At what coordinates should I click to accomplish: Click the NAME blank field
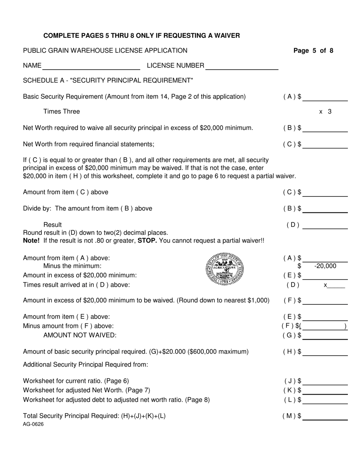(x=91, y=66)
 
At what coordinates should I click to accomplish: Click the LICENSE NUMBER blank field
(x=241, y=66)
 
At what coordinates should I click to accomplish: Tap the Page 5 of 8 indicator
(x=313, y=51)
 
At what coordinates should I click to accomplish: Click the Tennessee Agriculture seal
(x=225, y=269)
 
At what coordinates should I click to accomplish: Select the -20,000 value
(x=325, y=266)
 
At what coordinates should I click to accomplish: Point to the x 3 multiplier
(x=325, y=112)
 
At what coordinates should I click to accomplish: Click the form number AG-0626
(x=33, y=424)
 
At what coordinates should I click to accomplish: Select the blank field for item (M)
(x=325, y=416)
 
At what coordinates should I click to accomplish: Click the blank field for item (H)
(x=325, y=352)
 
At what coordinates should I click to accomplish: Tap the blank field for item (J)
(x=325, y=381)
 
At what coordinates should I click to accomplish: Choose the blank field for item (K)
(x=325, y=390)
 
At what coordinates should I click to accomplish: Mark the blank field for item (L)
(x=325, y=400)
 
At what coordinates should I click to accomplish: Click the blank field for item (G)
(x=325, y=335)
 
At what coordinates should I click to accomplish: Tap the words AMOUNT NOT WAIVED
(x=80, y=335)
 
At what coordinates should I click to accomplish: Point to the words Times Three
(x=62, y=112)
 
